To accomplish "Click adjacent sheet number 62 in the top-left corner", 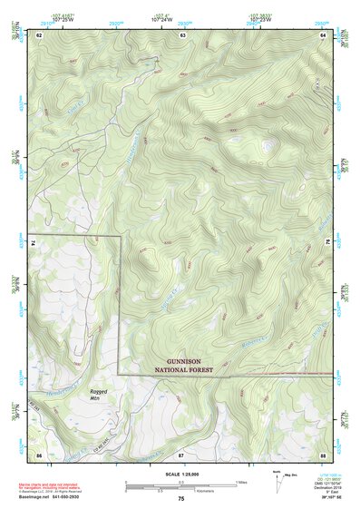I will (x=39, y=34).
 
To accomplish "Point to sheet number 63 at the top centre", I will (x=182, y=34).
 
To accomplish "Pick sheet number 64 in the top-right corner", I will (x=324, y=34).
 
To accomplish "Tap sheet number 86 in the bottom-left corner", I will (x=39, y=454).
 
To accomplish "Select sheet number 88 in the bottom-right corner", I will (x=324, y=454).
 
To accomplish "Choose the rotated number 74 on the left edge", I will (x=37, y=243).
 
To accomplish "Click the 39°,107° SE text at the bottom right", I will (x=322, y=496).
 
